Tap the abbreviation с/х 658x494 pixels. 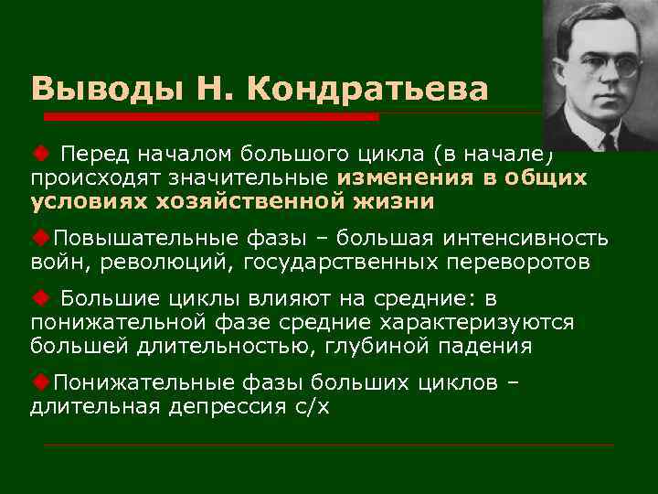tap(312, 405)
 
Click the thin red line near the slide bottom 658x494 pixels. tap(329, 445)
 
